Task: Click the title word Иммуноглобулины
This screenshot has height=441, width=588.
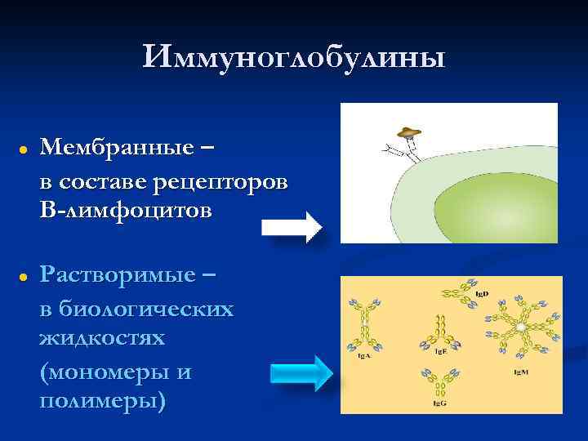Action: click(294, 58)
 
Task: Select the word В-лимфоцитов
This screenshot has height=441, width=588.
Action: click(124, 210)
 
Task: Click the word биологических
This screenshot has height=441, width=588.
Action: click(136, 310)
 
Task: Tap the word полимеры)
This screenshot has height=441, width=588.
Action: click(102, 402)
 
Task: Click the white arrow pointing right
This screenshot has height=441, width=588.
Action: click(291, 226)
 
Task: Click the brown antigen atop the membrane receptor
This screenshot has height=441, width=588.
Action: click(408, 132)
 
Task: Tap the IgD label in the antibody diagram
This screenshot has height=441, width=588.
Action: click(483, 291)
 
